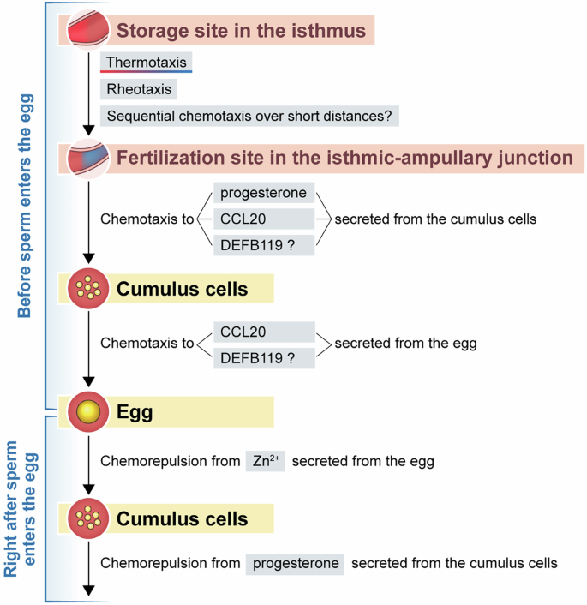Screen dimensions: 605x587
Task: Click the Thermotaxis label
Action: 145,63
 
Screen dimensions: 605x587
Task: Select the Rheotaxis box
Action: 139,88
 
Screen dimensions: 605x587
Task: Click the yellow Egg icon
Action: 87,412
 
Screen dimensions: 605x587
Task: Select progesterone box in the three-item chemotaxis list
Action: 262,193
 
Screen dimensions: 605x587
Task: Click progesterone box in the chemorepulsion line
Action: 296,563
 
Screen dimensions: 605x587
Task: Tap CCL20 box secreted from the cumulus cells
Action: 262,219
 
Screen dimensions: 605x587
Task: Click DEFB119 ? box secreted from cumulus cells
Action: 262,244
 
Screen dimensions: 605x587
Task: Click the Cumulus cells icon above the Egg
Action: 87,289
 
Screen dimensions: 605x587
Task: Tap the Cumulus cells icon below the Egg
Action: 87,518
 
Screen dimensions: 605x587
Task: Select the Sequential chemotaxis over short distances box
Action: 249,115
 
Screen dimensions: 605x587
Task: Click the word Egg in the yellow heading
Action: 135,412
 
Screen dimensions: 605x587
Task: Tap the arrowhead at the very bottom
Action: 87,589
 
